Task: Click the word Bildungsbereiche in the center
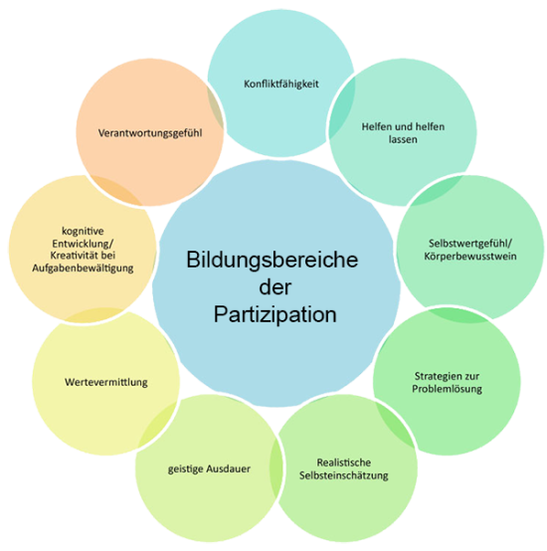[x=272, y=261]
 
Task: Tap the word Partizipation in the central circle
[x=275, y=314]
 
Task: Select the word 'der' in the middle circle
[x=275, y=287]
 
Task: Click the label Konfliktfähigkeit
[x=281, y=85]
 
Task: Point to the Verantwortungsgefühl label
[x=150, y=133]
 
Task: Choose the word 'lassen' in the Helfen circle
[x=403, y=139]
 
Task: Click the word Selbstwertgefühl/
[x=470, y=244]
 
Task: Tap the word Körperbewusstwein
[x=470, y=257]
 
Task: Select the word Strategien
[x=436, y=376]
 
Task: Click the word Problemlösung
[x=447, y=389]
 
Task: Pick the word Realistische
[x=343, y=462]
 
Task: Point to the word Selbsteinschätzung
[x=343, y=475]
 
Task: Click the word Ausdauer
[x=229, y=468]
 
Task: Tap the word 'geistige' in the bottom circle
[x=185, y=469]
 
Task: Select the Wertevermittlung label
[x=106, y=382]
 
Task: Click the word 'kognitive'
[x=83, y=231]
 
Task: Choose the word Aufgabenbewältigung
[x=83, y=269]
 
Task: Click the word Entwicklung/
[x=83, y=244]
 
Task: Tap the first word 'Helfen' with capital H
[x=377, y=126]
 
